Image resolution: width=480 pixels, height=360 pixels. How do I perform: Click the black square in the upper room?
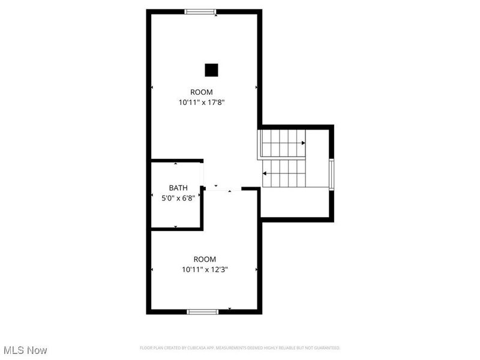point(211,70)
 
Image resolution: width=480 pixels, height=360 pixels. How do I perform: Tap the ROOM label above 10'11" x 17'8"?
point(202,92)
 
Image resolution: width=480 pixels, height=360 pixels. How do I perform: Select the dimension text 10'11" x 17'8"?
point(202,102)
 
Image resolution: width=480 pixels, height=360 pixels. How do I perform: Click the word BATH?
point(178,188)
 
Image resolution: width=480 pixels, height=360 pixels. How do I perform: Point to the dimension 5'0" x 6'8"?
point(178,198)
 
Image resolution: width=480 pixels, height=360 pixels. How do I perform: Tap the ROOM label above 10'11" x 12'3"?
point(205,259)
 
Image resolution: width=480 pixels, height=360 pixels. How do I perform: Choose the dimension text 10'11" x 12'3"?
point(205,269)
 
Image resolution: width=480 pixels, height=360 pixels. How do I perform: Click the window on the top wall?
point(201,11)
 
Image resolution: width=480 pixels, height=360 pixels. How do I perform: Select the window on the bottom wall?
point(202,311)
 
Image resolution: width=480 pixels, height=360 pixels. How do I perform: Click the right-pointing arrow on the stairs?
point(303,143)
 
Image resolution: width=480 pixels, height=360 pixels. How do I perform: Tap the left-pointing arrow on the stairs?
point(265,174)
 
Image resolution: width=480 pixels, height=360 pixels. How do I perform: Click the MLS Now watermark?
point(25,350)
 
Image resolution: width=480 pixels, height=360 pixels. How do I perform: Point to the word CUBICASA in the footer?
point(202,348)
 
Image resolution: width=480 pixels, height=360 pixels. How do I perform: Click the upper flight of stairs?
point(282,143)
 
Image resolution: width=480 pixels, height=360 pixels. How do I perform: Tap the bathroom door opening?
point(204,174)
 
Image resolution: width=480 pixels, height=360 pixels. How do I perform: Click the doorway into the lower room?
point(223,190)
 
